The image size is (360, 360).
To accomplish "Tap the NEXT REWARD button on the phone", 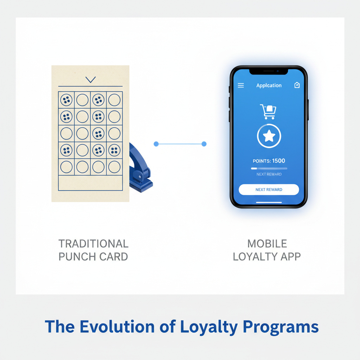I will (x=269, y=189).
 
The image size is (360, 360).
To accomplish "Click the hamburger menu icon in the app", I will (x=241, y=85).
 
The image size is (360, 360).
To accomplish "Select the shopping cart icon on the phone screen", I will (x=268, y=111).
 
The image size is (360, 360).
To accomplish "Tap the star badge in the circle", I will (x=269, y=136).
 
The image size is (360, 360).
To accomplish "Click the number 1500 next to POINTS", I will (x=278, y=161).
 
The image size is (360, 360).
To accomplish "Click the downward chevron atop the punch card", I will (x=90, y=79).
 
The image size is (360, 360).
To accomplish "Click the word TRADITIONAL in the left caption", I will (x=93, y=244).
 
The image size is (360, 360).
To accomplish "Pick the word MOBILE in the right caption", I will (x=267, y=244).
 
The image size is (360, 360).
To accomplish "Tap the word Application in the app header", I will (x=269, y=85).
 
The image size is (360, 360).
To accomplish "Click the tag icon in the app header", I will (x=297, y=85).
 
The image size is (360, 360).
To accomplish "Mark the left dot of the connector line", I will (x=156, y=144).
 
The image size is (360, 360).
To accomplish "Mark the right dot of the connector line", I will (x=204, y=144).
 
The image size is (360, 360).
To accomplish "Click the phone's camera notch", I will (x=269, y=71).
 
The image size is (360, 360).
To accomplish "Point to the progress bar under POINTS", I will (x=269, y=168).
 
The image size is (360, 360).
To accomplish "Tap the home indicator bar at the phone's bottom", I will (x=269, y=202).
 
